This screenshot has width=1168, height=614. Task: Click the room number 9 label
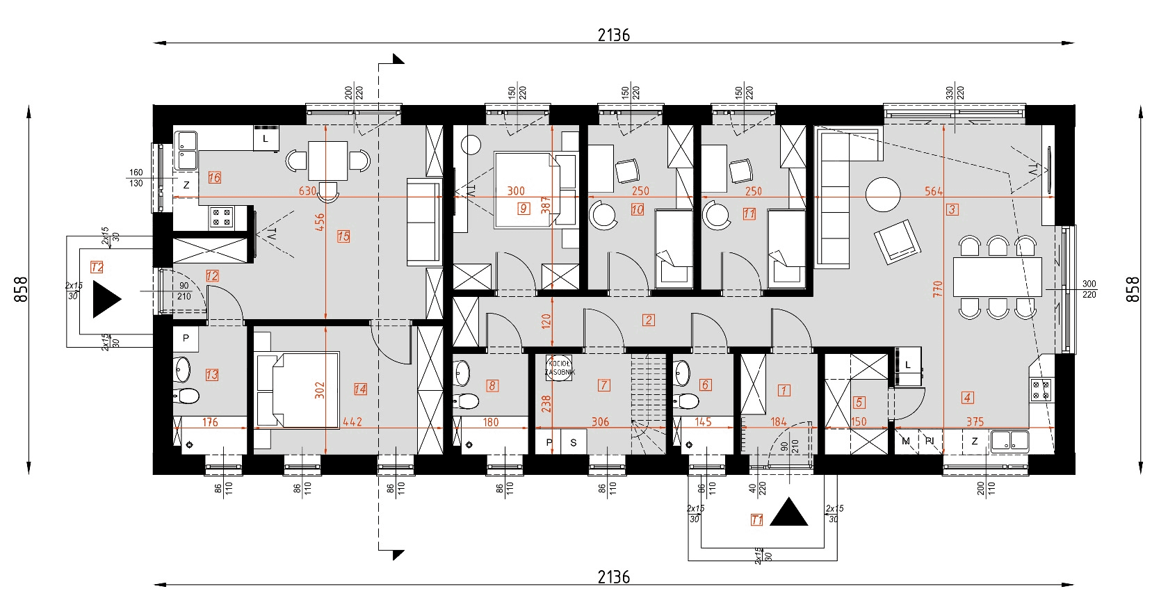524,208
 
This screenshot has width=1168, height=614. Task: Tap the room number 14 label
359,389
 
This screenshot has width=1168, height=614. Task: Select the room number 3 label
952,209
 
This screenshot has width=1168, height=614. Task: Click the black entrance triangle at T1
788,512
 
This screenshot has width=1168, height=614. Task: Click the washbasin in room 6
682,374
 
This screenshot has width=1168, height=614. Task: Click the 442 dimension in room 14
352,421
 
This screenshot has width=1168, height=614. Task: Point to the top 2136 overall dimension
613,35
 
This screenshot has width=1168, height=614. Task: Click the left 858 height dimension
21,289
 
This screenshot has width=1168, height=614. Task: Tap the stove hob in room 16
222,217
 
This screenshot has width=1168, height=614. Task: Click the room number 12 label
212,276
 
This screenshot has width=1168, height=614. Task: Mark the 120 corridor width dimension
546,321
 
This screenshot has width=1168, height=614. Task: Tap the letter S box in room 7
574,442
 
